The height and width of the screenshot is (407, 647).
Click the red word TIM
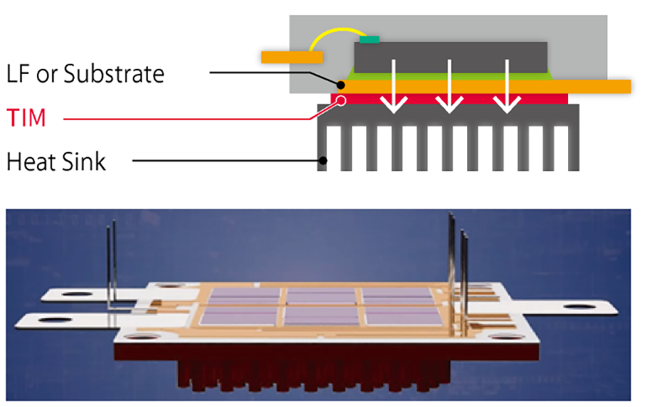26,117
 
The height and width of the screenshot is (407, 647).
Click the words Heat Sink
55,161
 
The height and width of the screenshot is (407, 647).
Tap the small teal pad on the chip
370,39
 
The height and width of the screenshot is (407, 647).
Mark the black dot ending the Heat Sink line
323,161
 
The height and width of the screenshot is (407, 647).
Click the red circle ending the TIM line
341,101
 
